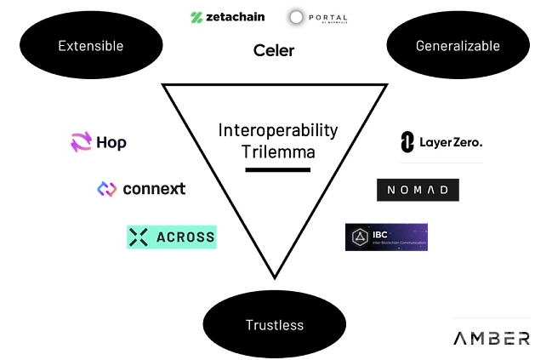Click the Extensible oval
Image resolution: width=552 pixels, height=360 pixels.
pos(90,46)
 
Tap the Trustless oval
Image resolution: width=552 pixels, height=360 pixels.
pos(275,324)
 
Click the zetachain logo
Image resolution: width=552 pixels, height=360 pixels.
pos(228,16)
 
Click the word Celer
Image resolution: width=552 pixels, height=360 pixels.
pos(274,50)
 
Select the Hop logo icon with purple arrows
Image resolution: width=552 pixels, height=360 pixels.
pos(81,142)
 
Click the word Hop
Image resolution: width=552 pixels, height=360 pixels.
pos(111,143)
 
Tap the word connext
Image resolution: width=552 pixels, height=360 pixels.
pos(154,189)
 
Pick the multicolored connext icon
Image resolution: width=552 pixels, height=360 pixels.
pos(106,189)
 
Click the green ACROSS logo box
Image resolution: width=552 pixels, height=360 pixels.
pos(172,237)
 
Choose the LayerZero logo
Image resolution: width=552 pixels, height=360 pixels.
pos(441,143)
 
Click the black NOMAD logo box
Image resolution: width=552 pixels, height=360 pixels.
pos(418,190)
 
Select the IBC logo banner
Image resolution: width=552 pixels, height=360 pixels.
pos(386,237)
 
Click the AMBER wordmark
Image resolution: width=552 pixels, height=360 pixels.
pos(491,338)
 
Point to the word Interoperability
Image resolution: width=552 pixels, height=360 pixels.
pos(277,130)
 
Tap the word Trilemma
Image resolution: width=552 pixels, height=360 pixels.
pos(277,152)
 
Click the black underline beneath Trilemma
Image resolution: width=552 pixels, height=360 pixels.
pos(277,170)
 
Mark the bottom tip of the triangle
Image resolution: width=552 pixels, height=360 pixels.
pos(275,277)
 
